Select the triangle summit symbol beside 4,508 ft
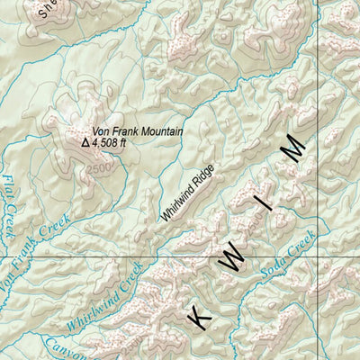[85, 141]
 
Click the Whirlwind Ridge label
[191, 186]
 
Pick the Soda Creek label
[287, 254]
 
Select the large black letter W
[231, 260]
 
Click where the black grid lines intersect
[319, 256]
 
